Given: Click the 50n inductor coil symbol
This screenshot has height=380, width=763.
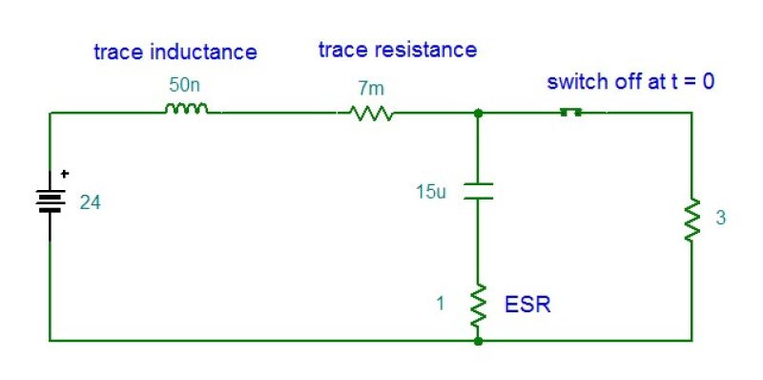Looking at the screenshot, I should pos(186,110).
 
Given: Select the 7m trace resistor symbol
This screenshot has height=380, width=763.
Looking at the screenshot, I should pos(372,114).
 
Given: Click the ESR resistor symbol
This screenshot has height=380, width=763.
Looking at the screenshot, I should pos(478,305).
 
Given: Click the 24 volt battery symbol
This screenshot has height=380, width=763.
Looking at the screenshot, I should pos(50,201).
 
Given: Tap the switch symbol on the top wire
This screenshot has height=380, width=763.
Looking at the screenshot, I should pos(570,112).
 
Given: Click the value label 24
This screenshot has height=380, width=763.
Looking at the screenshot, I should pos(89,202).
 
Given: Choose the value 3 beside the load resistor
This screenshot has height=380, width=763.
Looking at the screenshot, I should pos(720,219).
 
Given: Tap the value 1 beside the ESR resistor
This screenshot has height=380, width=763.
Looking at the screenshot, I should pos(440,305).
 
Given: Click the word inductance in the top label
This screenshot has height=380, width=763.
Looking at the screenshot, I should pos(204,52).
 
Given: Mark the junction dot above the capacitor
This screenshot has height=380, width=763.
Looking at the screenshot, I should pos(478,113).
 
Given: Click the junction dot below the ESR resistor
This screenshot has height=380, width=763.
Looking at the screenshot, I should pos(478,340).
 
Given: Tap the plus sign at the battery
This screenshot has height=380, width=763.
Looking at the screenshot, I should pos(65,175).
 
